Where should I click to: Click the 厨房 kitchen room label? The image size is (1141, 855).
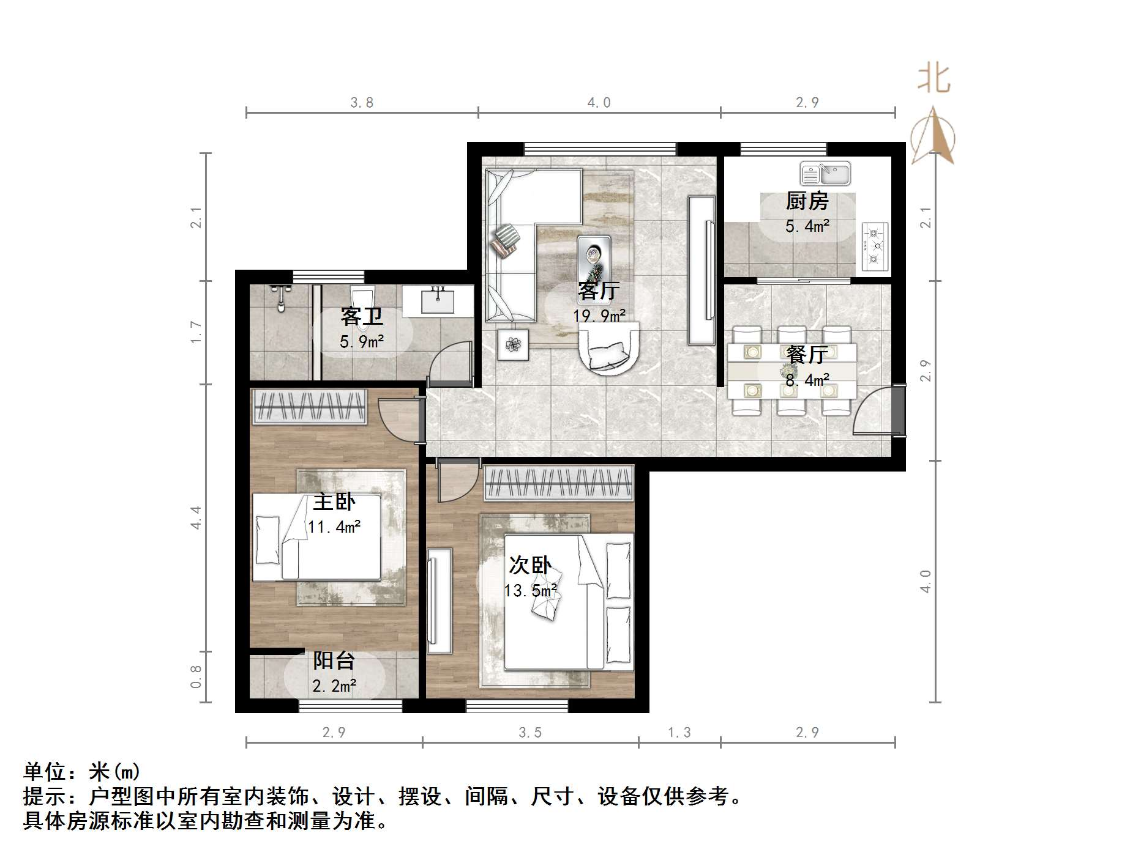click(x=807, y=201)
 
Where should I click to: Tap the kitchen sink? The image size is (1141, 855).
click(x=825, y=174)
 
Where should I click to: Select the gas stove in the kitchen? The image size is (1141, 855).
click(x=875, y=246)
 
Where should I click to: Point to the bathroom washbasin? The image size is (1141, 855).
click(x=438, y=301)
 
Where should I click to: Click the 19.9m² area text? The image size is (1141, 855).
click(x=599, y=316)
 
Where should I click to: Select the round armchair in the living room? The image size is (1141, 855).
click(x=609, y=349)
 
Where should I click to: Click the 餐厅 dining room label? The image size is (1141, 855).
click(x=807, y=355)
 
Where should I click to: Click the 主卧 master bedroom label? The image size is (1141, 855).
click(x=334, y=502)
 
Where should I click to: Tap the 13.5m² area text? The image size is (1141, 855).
click(x=530, y=591)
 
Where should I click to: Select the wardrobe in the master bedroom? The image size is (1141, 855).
click(x=310, y=405)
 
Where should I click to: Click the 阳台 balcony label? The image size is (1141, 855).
click(x=334, y=661)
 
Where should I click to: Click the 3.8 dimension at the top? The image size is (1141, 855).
click(x=362, y=103)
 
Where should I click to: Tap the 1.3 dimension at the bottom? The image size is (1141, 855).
click(x=679, y=733)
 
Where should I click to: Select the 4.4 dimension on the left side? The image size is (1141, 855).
click(x=196, y=517)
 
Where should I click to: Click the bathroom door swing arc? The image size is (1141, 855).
click(x=450, y=364)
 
